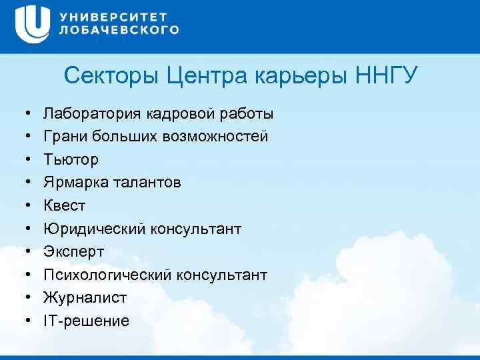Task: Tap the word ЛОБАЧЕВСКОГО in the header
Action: [x=119, y=30]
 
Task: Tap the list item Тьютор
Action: [x=71, y=160]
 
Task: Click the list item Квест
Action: [x=65, y=206]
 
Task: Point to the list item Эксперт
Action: [x=74, y=252]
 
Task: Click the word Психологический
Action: [x=107, y=275]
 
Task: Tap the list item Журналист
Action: [x=85, y=298]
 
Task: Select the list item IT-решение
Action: [x=87, y=321]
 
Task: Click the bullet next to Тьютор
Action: [x=22, y=160]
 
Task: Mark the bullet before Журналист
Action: [x=22, y=298]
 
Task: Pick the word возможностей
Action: [x=215, y=137]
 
